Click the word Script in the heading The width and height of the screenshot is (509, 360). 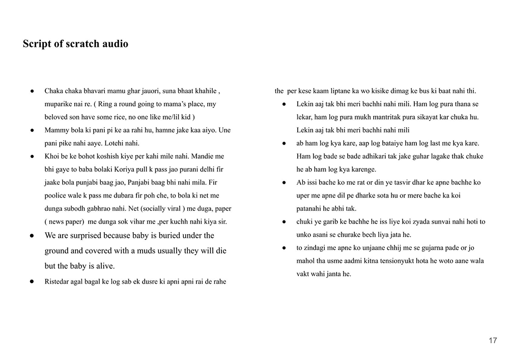click(37, 44)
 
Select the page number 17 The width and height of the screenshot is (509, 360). click(493, 341)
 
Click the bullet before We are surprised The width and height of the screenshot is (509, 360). click(32, 236)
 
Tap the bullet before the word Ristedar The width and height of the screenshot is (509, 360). click(32, 282)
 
